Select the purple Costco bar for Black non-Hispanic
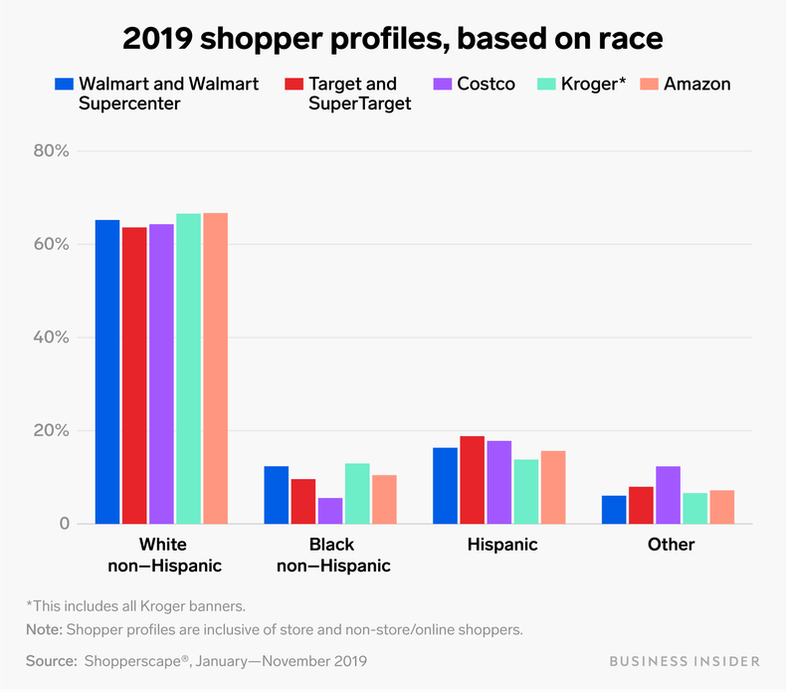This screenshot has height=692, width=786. click(x=330, y=511)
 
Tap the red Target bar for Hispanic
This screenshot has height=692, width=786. click(x=473, y=480)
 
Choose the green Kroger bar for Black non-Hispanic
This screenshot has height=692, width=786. click(x=357, y=493)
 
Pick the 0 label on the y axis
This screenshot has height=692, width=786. click(x=63, y=524)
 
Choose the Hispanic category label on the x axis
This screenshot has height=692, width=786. click(x=501, y=545)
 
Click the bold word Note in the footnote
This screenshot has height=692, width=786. click(x=43, y=629)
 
